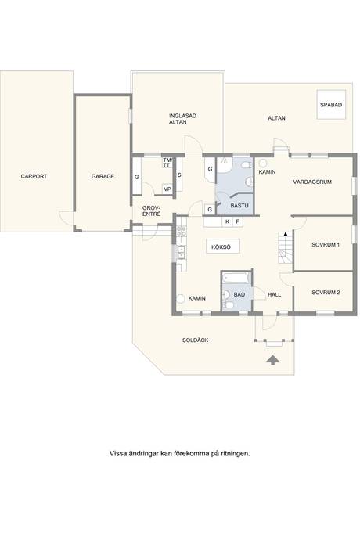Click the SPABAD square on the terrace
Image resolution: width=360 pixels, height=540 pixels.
[x=331, y=104]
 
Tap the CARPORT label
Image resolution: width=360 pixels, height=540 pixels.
[x=34, y=176]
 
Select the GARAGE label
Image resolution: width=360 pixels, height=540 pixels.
[x=103, y=176]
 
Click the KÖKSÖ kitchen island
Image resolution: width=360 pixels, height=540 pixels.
[x=223, y=247]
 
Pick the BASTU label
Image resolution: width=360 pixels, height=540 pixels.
[x=239, y=206]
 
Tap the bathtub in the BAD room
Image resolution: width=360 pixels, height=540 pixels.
[x=236, y=277]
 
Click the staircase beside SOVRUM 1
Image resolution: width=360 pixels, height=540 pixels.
[x=285, y=247]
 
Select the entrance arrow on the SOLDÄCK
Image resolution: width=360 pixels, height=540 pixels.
[x=273, y=359]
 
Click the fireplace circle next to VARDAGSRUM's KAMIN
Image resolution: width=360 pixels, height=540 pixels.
[x=263, y=163]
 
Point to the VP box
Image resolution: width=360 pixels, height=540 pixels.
[x=167, y=189]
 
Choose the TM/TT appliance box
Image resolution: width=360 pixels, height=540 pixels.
[x=167, y=163]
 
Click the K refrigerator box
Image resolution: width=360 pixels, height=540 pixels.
[x=228, y=221]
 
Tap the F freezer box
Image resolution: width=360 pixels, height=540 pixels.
[x=238, y=221]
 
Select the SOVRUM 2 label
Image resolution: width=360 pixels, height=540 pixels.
[x=326, y=293]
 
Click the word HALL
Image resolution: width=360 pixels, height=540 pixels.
[x=274, y=294]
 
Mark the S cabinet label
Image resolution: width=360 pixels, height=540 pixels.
[x=179, y=175]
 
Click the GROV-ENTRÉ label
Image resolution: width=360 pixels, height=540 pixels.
[x=152, y=211]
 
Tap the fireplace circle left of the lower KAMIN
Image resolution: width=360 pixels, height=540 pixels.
[x=181, y=299]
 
